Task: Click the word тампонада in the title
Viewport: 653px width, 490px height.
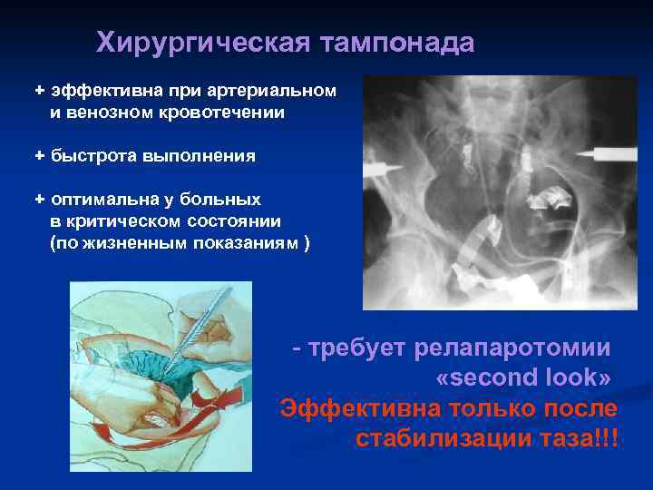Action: pos(392,43)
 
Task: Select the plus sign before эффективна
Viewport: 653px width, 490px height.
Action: pos(39,92)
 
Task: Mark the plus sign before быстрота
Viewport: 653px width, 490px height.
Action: pos(39,156)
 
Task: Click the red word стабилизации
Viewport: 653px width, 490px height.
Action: pos(458,438)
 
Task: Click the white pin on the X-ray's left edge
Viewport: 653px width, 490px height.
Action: pos(382,167)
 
